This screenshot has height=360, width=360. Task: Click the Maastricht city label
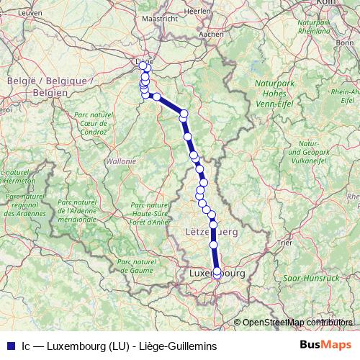159,19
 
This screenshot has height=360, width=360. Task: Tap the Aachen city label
211,33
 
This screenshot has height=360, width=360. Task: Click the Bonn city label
344,42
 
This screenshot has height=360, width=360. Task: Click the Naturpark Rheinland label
313,27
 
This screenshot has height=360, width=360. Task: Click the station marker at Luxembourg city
217,273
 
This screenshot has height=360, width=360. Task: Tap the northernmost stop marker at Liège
143,66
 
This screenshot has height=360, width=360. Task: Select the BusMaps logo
325,345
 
